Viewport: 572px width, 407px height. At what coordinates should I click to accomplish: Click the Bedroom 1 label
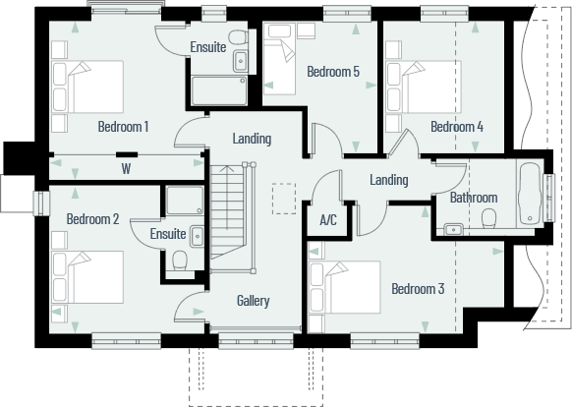[123, 127]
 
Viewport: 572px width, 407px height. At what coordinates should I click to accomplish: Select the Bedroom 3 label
[418, 289]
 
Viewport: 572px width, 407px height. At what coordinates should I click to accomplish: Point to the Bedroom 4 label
[457, 127]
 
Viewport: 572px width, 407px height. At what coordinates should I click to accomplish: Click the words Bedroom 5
[333, 72]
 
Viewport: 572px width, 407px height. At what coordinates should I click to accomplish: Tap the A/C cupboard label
[328, 220]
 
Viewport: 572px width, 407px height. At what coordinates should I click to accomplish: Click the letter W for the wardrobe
[126, 168]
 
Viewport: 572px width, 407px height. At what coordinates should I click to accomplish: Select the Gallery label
[253, 301]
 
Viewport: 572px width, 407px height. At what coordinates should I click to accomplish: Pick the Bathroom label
[474, 198]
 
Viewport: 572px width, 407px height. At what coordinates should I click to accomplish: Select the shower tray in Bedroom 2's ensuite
[184, 202]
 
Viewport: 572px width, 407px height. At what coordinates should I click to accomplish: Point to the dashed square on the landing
[284, 198]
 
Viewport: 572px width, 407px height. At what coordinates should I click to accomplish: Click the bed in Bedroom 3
[345, 286]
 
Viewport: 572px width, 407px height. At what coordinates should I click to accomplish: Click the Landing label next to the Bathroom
[389, 180]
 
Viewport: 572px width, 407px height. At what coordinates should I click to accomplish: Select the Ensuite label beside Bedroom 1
[207, 47]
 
